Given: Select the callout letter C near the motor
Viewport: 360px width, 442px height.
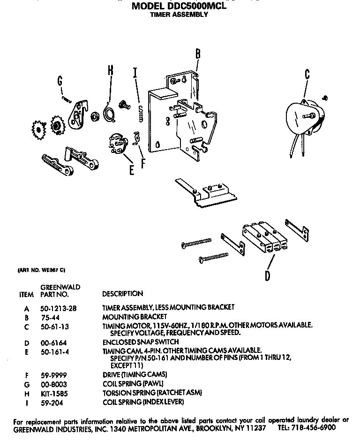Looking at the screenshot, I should (x=307, y=74).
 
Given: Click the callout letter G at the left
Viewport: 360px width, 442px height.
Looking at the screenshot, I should (x=60, y=81).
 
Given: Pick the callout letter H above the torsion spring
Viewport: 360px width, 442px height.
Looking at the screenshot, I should (x=111, y=70).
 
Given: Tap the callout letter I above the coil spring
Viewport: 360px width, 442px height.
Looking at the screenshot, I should (x=135, y=73).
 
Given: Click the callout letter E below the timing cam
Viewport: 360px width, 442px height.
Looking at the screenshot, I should (x=132, y=169).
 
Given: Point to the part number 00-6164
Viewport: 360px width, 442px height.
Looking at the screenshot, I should (x=52, y=342).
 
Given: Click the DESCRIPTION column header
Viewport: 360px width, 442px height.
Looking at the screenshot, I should (x=122, y=294).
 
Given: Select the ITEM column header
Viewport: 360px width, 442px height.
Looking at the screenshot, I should (x=27, y=295).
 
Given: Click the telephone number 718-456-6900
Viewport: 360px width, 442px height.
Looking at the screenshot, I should (x=314, y=428).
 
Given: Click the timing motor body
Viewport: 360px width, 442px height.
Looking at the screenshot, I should (x=300, y=117).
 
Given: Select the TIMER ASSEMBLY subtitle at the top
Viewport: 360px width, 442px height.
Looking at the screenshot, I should (x=179, y=15).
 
